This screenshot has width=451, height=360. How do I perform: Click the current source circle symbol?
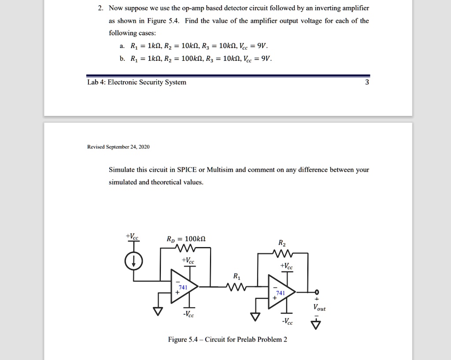pyautogui.click(x=134, y=262)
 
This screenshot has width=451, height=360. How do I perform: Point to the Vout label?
pyautogui.click(x=320, y=308)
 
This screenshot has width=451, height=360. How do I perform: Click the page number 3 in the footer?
pyautogui.click(x=367, y=82)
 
